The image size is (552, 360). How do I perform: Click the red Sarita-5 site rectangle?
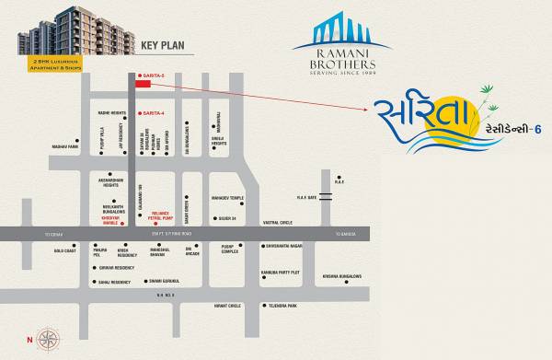142,84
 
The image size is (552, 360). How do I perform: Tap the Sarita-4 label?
154,112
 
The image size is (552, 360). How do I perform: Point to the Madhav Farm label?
65,147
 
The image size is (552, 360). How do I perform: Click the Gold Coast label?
64,250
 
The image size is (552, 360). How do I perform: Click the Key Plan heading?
163,43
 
